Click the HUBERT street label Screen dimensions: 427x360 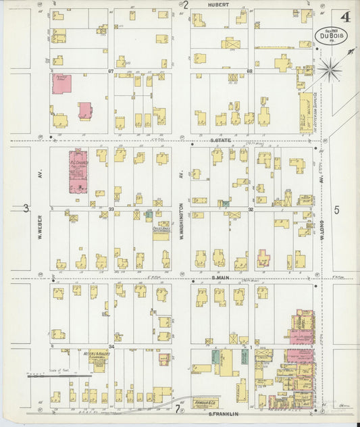tap(219, 4)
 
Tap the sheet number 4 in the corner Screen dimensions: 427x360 tap(345, 16)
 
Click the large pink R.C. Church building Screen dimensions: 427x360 tap(80, 173)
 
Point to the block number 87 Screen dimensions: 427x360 tap(111, 70)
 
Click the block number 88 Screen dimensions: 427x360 tap(249, 70)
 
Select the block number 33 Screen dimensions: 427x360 tap(111, 209)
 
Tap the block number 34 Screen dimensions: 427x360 tap(111, 346)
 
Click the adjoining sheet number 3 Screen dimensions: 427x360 tap(26, 207)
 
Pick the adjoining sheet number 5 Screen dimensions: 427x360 tap(336, 209)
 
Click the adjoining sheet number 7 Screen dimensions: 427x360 tap(178, 409)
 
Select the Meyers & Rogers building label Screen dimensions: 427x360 tap(100, 355)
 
